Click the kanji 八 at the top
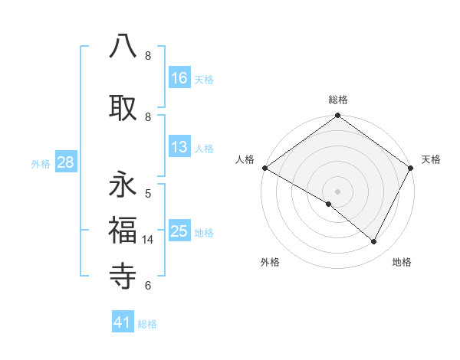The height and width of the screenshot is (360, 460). click(123, 47)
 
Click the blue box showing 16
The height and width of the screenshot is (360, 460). click(179, 78)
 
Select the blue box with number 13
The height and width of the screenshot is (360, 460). click(179, 147)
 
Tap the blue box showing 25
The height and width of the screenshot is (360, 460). click(179, 231)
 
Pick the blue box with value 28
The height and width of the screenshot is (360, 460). click(64, 162)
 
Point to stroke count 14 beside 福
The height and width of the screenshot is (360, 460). click(149, 240)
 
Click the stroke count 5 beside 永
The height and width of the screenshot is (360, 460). click(148, 194)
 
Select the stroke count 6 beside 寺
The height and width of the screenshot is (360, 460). click(148, 286)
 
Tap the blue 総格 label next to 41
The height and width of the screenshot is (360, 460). click(147, 324)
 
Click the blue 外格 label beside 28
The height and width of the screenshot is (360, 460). click(41, 163)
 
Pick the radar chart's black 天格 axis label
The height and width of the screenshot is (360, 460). click(431, 159)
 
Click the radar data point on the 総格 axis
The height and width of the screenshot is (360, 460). click(337, 116)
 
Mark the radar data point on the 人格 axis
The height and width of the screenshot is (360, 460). click(264, 168)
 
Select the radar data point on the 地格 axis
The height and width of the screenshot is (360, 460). click(374, 241)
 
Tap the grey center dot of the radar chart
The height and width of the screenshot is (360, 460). click(337, 191)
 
